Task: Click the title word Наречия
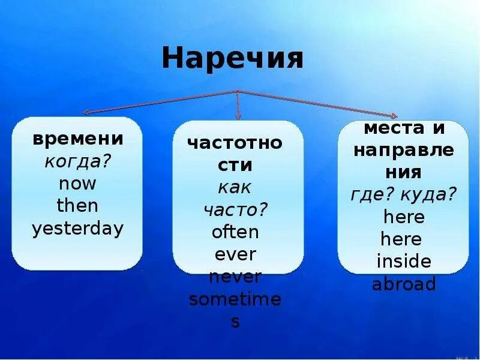click(232, 60)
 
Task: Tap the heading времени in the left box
click(78, 139)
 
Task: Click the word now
click(77, 184)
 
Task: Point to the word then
click(77, 206)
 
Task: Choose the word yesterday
click(78, 229)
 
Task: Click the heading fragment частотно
click(235, 143)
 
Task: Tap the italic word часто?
click(235, 209)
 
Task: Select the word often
click(235, 232)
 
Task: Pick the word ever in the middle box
click(235, 254)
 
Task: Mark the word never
click(235, 277)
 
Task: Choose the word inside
click(404, 262)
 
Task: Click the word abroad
click(404, 284)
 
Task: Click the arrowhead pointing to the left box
click(86, 112)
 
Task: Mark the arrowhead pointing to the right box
click(393, 116)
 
